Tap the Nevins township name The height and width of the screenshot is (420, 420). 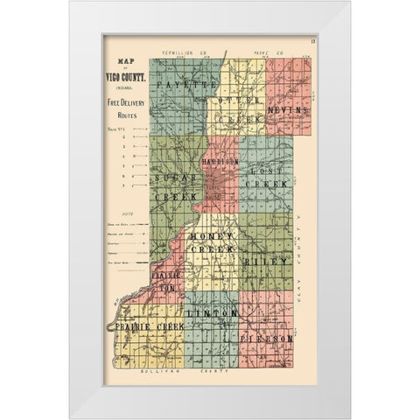(x=288, y=113)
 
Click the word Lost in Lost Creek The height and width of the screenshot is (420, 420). (x=262, y=172)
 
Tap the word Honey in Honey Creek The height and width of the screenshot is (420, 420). (x=210, y=239)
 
